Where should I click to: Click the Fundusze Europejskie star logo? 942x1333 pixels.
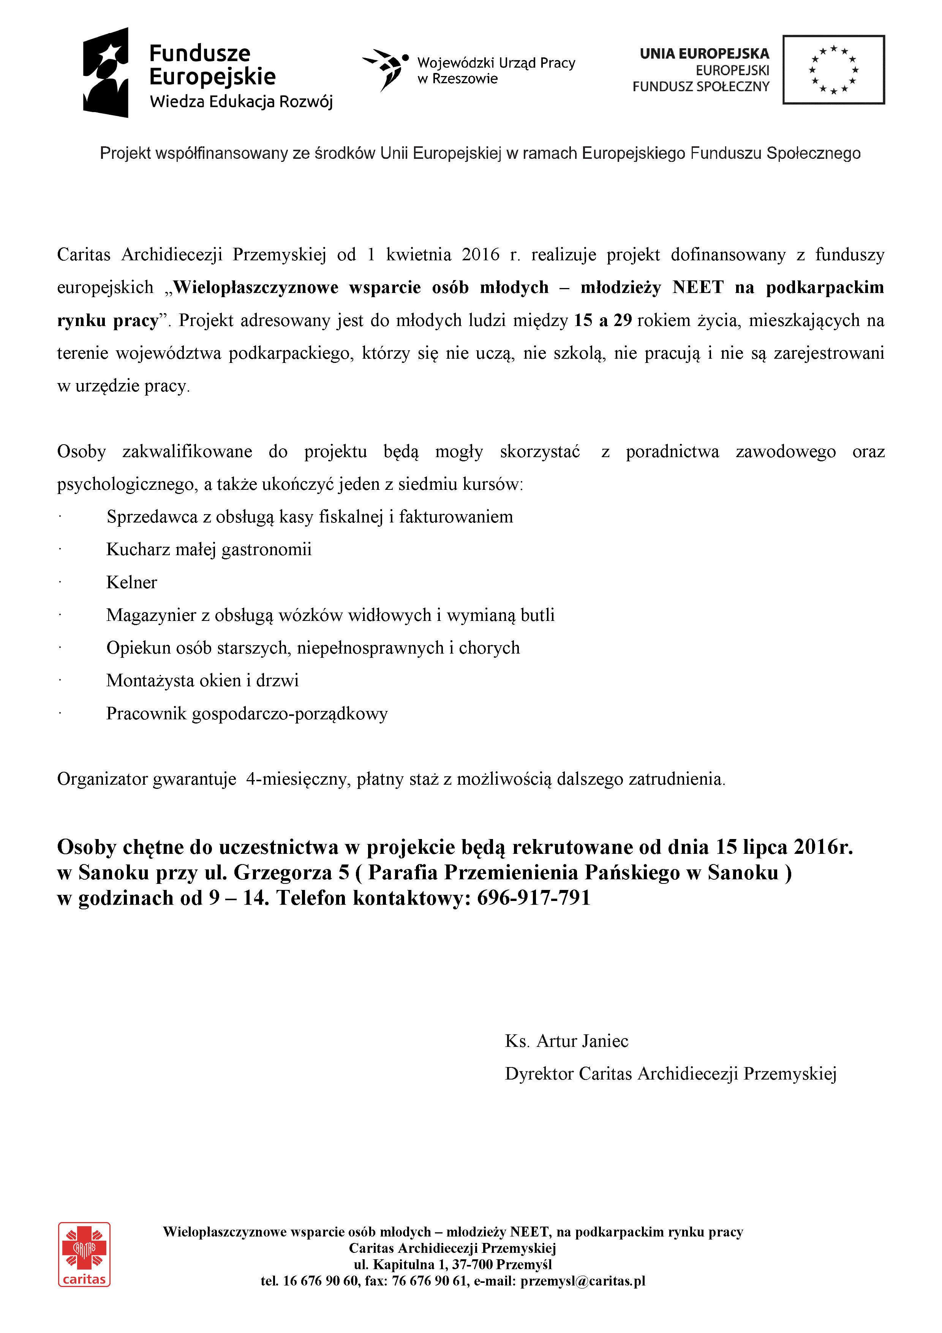(x=106, y=73)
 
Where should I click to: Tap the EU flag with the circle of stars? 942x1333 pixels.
(x=833, y=70)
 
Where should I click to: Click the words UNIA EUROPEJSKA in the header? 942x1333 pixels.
(x=704, y=54)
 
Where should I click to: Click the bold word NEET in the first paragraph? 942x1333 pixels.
(x=698, y=287)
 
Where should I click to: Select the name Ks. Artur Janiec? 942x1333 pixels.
(x=566, y=1041)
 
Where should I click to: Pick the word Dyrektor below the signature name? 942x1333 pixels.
(x=539, y=1073)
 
